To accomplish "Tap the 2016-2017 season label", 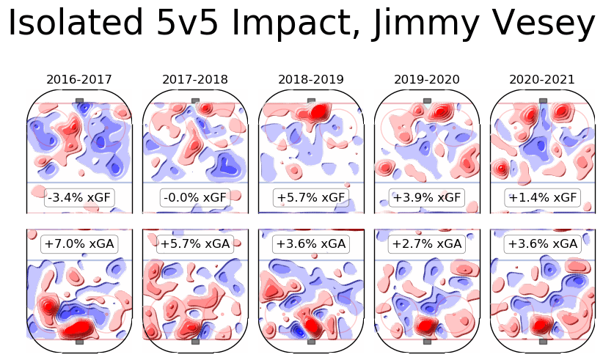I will tap(79, 79).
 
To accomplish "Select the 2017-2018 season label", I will tap(195, 79).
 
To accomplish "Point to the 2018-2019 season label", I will tap(311, 79).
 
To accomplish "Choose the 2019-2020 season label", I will tap(427, 79).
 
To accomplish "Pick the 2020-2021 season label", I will tap(543, 79).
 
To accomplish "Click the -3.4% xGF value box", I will tap(79, 197).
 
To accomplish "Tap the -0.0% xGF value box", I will tap(195, 197).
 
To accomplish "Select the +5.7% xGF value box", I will tap(311, 197).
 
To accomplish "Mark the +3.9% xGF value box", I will tap(427, 197).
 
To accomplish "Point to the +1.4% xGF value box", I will tap(543, 197).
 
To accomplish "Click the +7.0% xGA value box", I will tap(79, 244).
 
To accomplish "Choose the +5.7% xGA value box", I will tap(195, 244).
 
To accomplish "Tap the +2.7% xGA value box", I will tap(427, 244).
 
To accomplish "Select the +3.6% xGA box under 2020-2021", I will tap(543, 244).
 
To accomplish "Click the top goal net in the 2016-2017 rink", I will tap(79, 100).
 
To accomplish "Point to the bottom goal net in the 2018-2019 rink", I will tap(311, 341).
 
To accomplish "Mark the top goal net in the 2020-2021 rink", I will tap(543, 100).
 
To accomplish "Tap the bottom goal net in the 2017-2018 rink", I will tap(195, 341).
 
